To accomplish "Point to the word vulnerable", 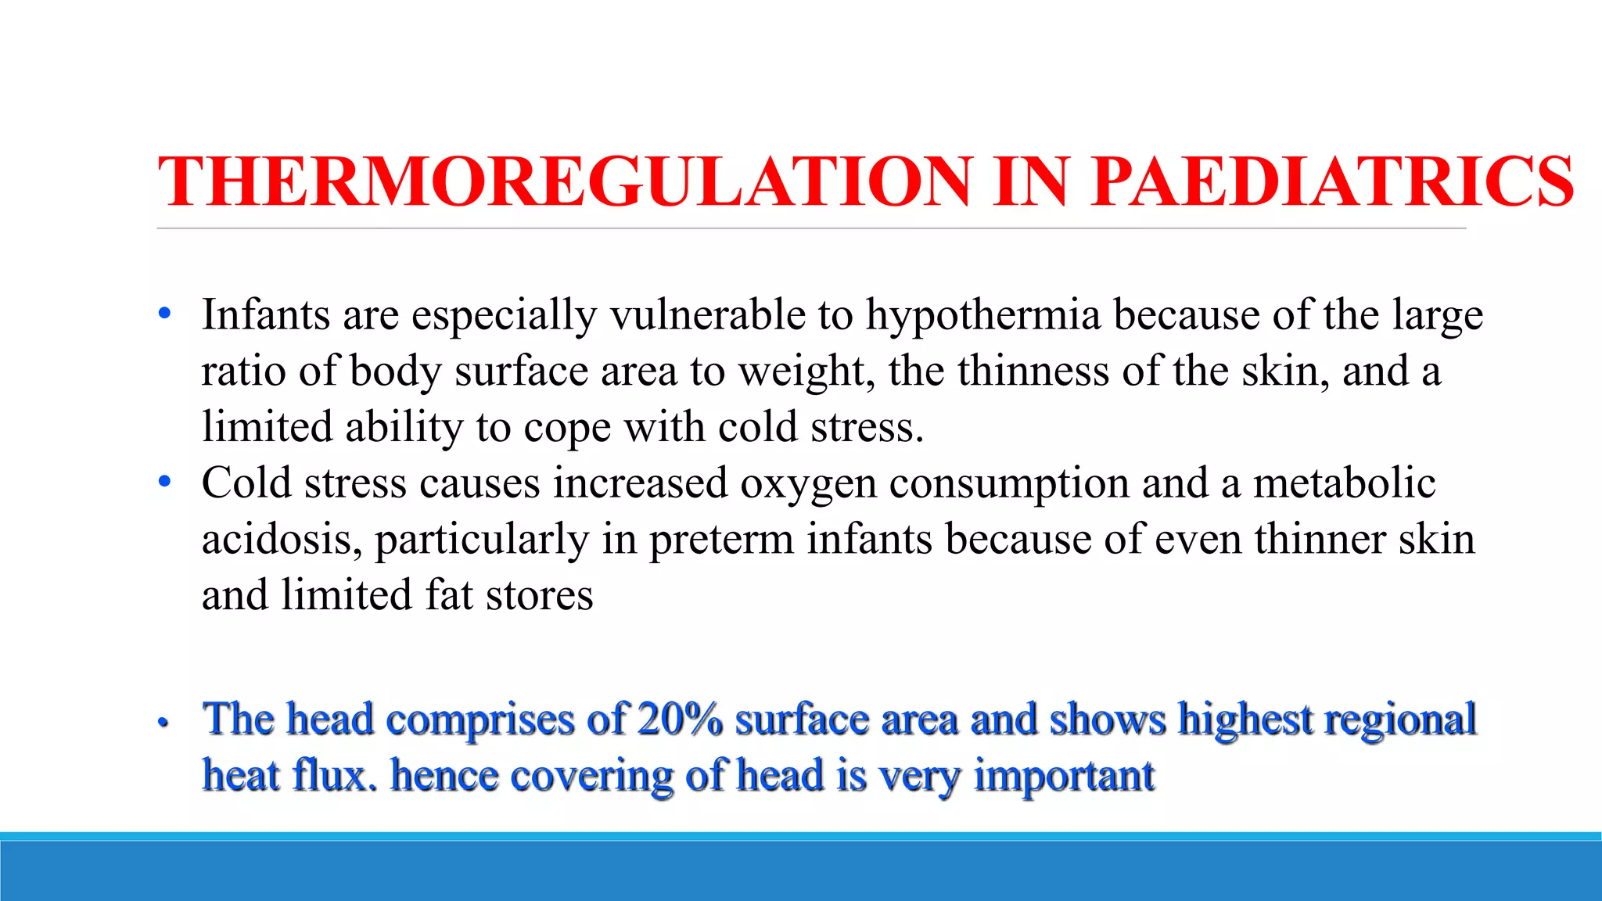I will pyautogui.click(x=708, y=315).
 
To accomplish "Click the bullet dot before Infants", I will pyautogui.click(x=164, y=314).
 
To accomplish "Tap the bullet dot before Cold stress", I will pyautogui.click(x=164, y=482).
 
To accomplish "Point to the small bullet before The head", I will pyautogui.click(x=163, y=723).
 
